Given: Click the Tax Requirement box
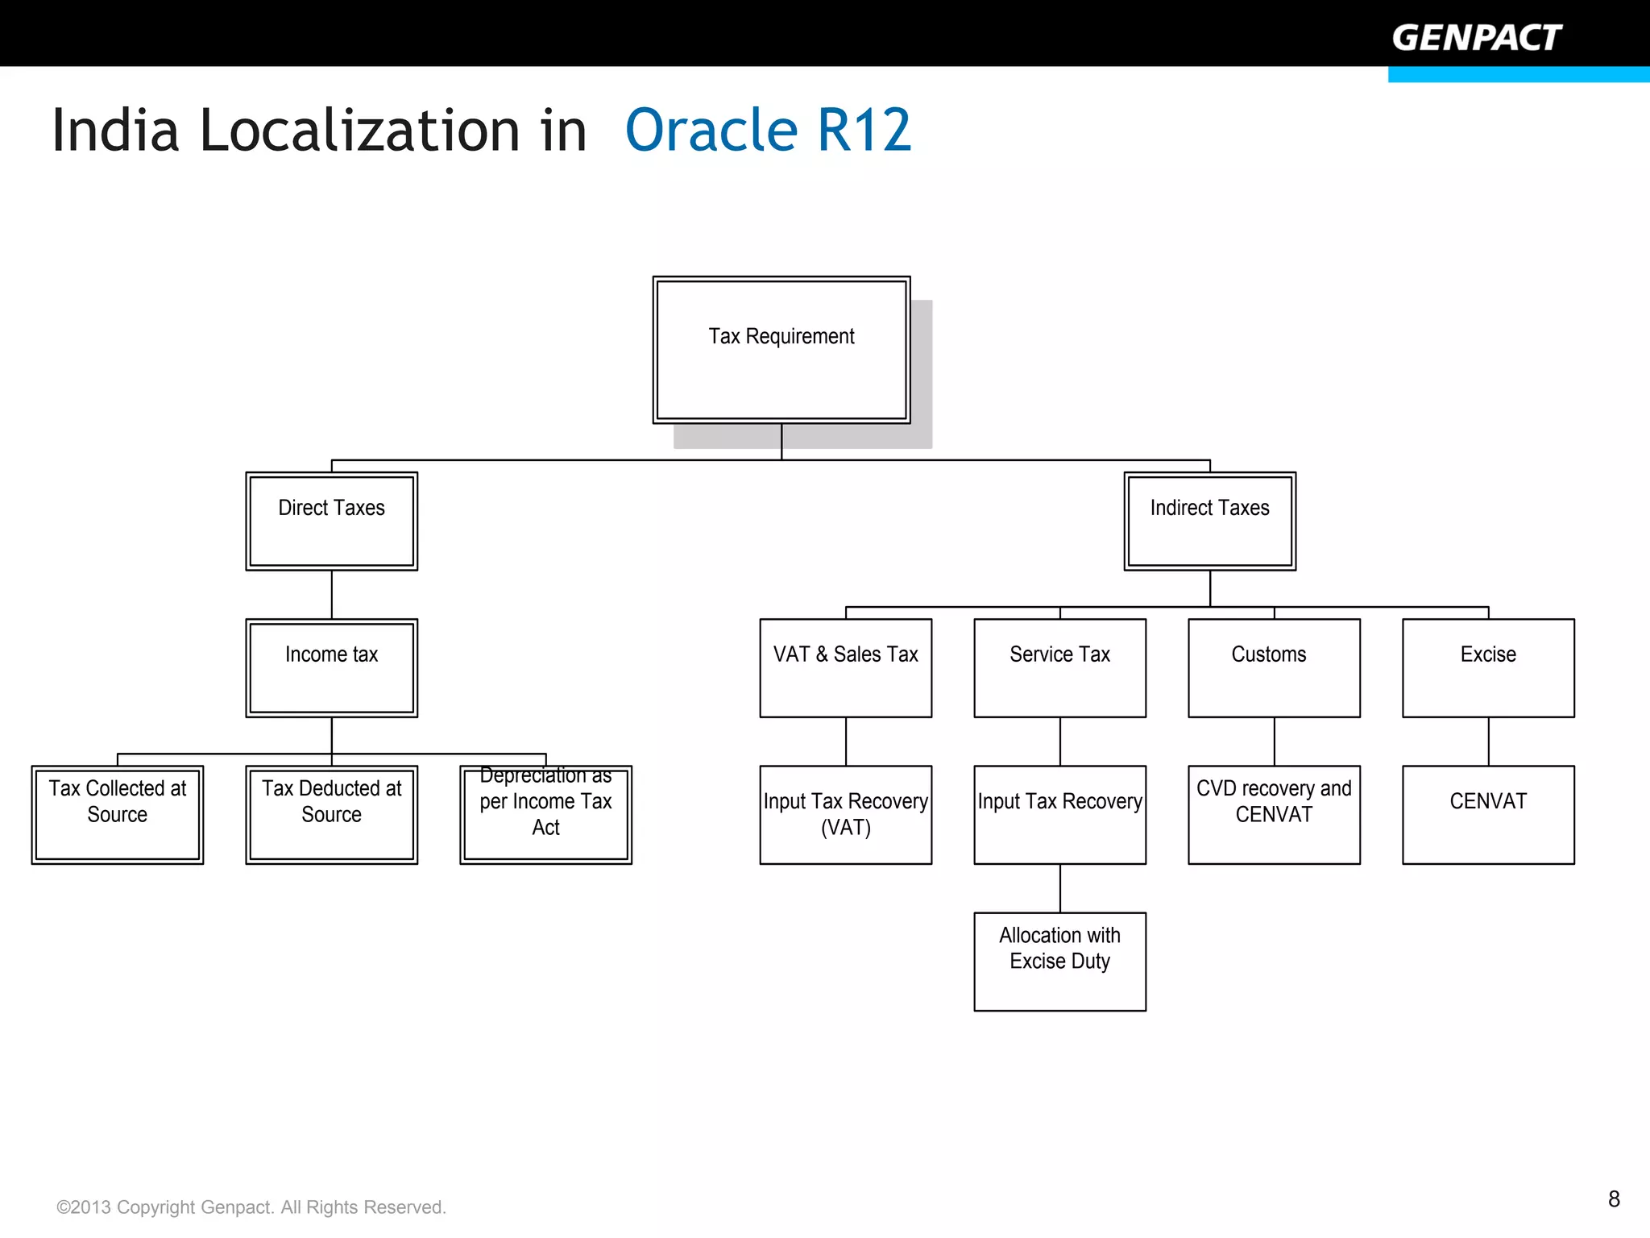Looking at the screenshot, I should coord(781,350).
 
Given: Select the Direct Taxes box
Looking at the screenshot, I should coord(331,521).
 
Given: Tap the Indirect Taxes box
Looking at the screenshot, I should coord(1209,521).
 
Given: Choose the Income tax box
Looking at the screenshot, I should coord(331,667).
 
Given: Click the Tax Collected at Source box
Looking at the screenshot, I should coord(118,814).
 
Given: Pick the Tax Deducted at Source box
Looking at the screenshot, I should coord(331,814).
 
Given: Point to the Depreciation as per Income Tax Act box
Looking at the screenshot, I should coord(545,814).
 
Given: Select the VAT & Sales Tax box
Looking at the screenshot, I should coord(845,667).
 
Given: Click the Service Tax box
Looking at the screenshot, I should coord(1059,667).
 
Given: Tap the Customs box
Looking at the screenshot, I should coord(1274,667).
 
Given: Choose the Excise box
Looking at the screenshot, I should coord(1488,667).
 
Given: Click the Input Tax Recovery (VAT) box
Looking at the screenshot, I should coord(845,814).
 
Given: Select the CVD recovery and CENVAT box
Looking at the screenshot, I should coord(1274,814).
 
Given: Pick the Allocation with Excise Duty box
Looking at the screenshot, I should coord(1059,961).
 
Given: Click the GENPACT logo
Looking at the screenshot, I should coord(1476,38).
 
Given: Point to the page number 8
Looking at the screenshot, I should coord(1614,1199).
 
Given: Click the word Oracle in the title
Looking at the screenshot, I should coord(711,131).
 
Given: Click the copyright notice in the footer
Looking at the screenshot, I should coord(251,1207).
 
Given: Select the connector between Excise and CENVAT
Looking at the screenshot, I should coord(1488,742).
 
